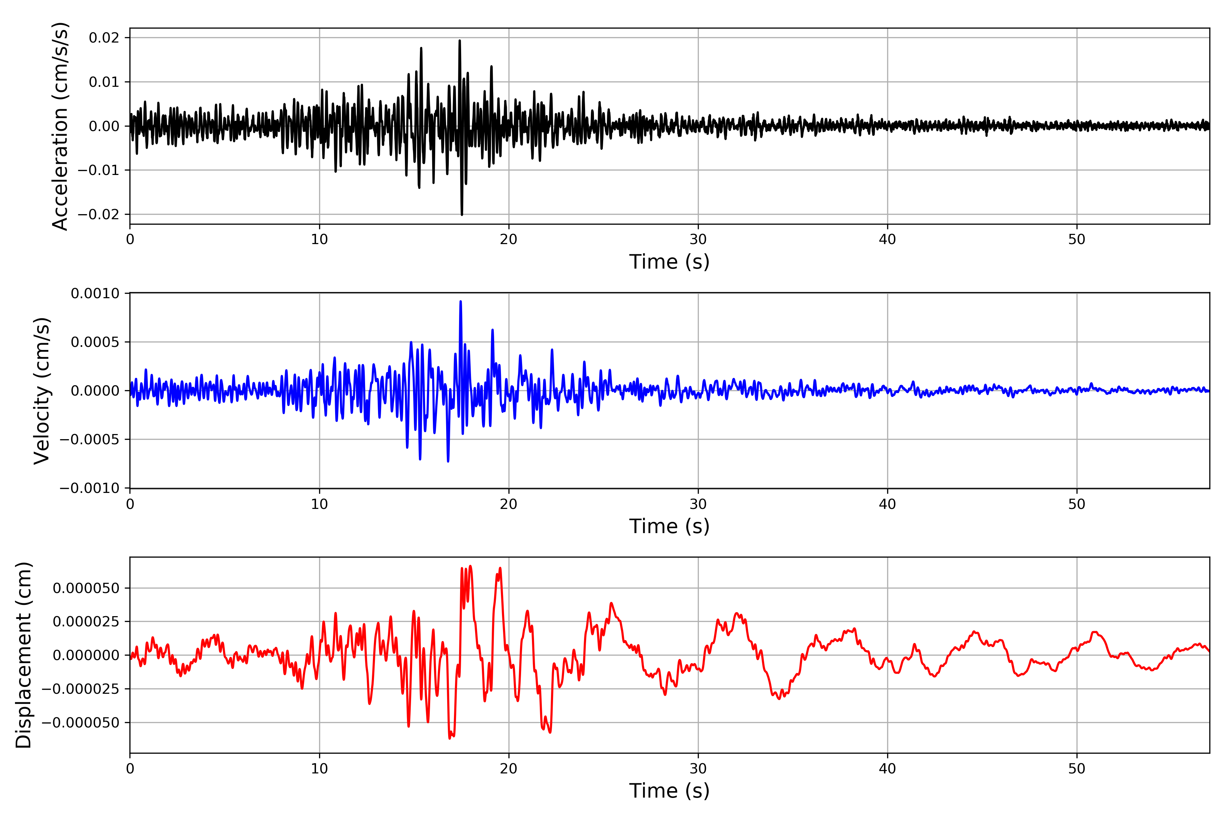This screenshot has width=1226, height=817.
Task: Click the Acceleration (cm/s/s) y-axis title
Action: point(61,126)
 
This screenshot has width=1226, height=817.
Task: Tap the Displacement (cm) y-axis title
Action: point(24,655)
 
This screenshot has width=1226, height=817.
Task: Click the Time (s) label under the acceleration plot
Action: point(669,261)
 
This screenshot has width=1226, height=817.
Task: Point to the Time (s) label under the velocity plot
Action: point(669,526)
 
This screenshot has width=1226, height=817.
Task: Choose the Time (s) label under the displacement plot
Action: point(669,790)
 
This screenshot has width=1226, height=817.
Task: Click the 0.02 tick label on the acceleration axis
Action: point(104,37)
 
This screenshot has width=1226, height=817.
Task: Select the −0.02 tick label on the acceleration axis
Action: point(98,214)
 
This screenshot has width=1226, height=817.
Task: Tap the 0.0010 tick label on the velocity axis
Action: point(95,293)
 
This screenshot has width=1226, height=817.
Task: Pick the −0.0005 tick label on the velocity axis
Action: point(90,439)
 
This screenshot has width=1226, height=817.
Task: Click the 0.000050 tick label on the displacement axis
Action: point(86,588)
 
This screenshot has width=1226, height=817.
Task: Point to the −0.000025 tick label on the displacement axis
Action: point(81,689)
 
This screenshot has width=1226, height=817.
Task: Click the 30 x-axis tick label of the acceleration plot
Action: point(698,240)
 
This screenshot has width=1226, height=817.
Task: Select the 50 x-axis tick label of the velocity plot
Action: point(1076,504)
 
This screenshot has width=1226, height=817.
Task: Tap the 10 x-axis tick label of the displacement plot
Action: point(319,769)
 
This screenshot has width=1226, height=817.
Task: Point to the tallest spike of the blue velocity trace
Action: point(460,302)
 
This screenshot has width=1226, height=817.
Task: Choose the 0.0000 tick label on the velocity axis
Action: point(95,391)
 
